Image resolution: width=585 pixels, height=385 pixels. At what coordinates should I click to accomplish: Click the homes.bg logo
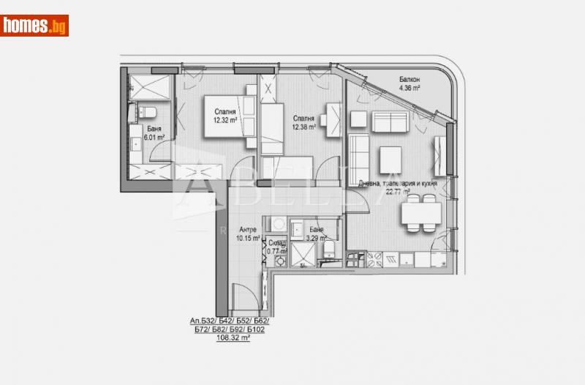tap(34, 26)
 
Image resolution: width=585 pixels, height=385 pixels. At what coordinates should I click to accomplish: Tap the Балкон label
tap(409, 79)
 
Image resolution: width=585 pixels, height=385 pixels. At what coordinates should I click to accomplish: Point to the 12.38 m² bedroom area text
tap(303, 127)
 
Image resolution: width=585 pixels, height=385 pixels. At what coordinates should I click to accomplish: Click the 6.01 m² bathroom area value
tap(152, 136)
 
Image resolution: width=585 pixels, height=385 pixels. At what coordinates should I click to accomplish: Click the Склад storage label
tap(276, 244)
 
